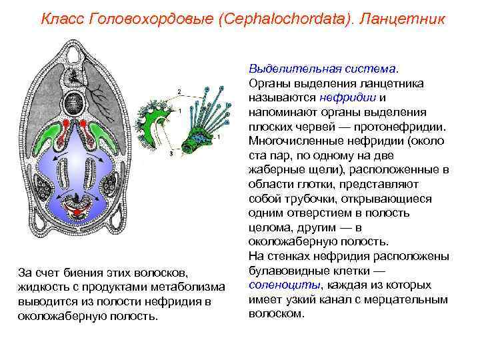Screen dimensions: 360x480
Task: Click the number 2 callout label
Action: click(x=179, y=91)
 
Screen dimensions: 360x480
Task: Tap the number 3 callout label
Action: click(x=171, y=154)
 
